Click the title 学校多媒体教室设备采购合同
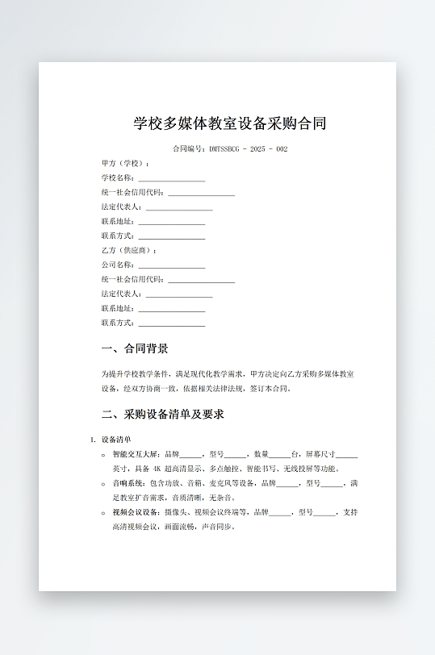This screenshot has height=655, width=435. pyautogui.click(x=230, y=123)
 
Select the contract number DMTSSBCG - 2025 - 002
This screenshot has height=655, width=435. pyautogui.click(x=248, y=149)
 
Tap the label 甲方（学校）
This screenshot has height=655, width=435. pyautogui.click(x=125, y=163)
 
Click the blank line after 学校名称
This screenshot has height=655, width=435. pyautogui.click(x=171, y=179)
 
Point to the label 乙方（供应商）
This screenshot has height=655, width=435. pyautogui.click(x=129, y=250)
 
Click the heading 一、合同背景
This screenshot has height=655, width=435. pyautogui.click(x=135, y=349)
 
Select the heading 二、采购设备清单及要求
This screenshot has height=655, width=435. pyautogui.click(x=162, y=415)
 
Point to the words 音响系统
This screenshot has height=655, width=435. pyautogui.click(x=126, y=483)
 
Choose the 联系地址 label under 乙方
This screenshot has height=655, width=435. pyautogui.click(x=118, y=309)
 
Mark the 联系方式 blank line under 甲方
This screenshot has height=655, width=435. pyautogui.click(x=171, y=237)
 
